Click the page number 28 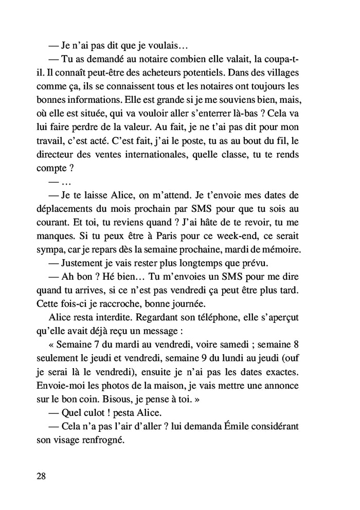[x=42, y=476]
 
